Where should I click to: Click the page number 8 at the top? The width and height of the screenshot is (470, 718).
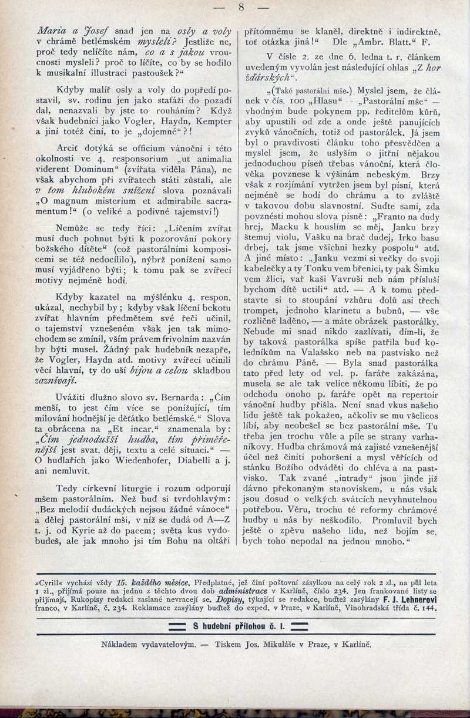point(241,8)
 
